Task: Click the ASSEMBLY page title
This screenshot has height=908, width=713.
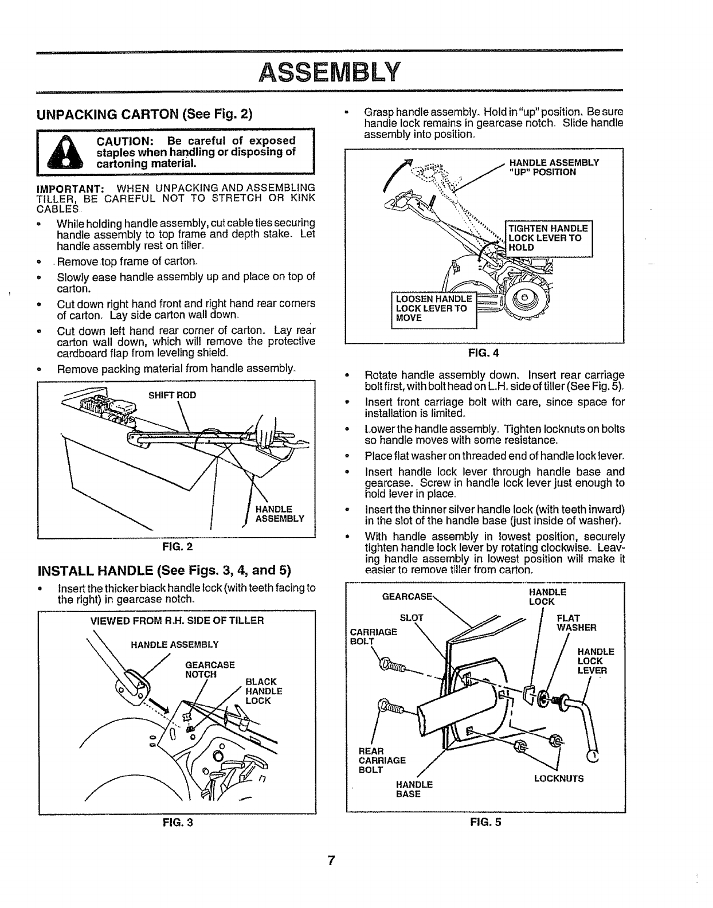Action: pos(328,72)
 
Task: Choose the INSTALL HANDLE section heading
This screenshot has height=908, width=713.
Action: pos(164,571)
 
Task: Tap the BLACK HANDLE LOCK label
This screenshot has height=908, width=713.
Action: pos(264,691)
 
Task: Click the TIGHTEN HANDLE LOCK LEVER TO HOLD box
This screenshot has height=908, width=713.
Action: pos(549,238)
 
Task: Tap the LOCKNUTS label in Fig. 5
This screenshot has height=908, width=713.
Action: pos(559,778)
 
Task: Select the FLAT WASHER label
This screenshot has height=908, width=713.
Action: pos(577,623)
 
